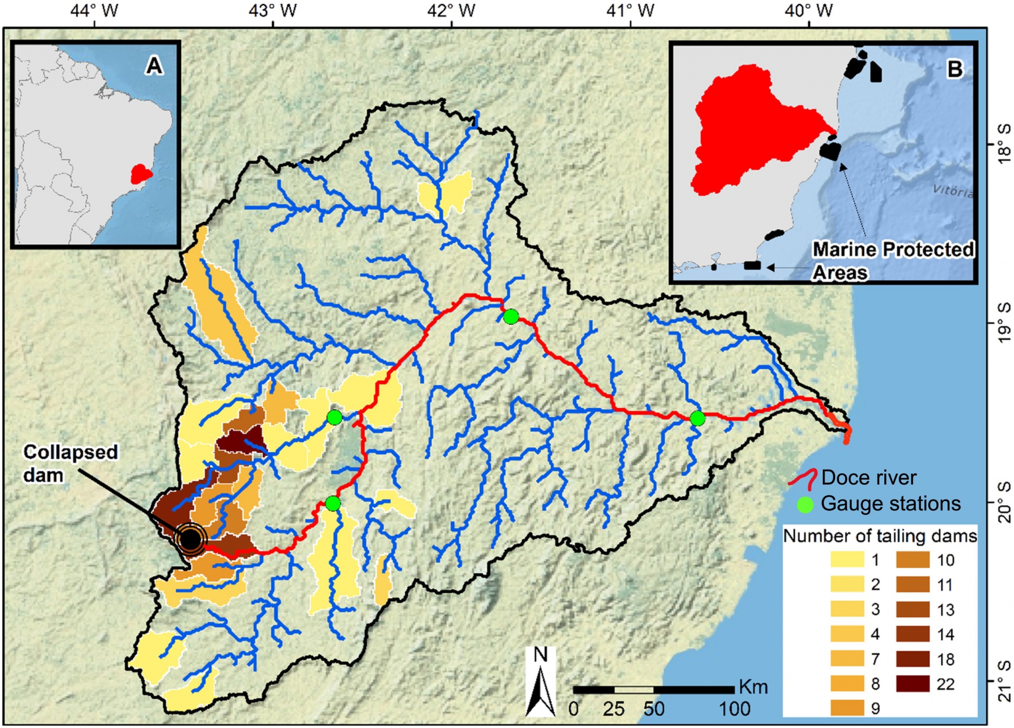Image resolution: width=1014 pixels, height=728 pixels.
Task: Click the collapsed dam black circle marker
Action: tap(191, 540)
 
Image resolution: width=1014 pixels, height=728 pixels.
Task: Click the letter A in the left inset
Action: tap(153, 65)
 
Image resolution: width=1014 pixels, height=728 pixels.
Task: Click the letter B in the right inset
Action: tap(954, 69)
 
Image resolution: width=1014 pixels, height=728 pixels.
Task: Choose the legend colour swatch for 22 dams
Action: tap(913, 683)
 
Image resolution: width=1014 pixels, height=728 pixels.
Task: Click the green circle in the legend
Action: tap(805, 505)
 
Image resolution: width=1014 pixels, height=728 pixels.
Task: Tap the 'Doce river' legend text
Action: tap(869, 478)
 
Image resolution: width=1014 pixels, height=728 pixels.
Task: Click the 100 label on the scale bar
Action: tap(734, 709)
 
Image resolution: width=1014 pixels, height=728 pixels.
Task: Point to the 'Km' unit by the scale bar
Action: tap(753, 687)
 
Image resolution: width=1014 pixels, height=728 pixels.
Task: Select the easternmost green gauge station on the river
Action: tap(697, 418)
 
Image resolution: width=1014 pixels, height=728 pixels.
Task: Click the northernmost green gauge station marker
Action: tap(511, 316)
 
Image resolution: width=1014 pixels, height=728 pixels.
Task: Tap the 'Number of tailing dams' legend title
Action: tap(880, 536)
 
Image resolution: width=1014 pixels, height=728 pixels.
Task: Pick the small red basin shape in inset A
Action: tap(141, 174)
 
